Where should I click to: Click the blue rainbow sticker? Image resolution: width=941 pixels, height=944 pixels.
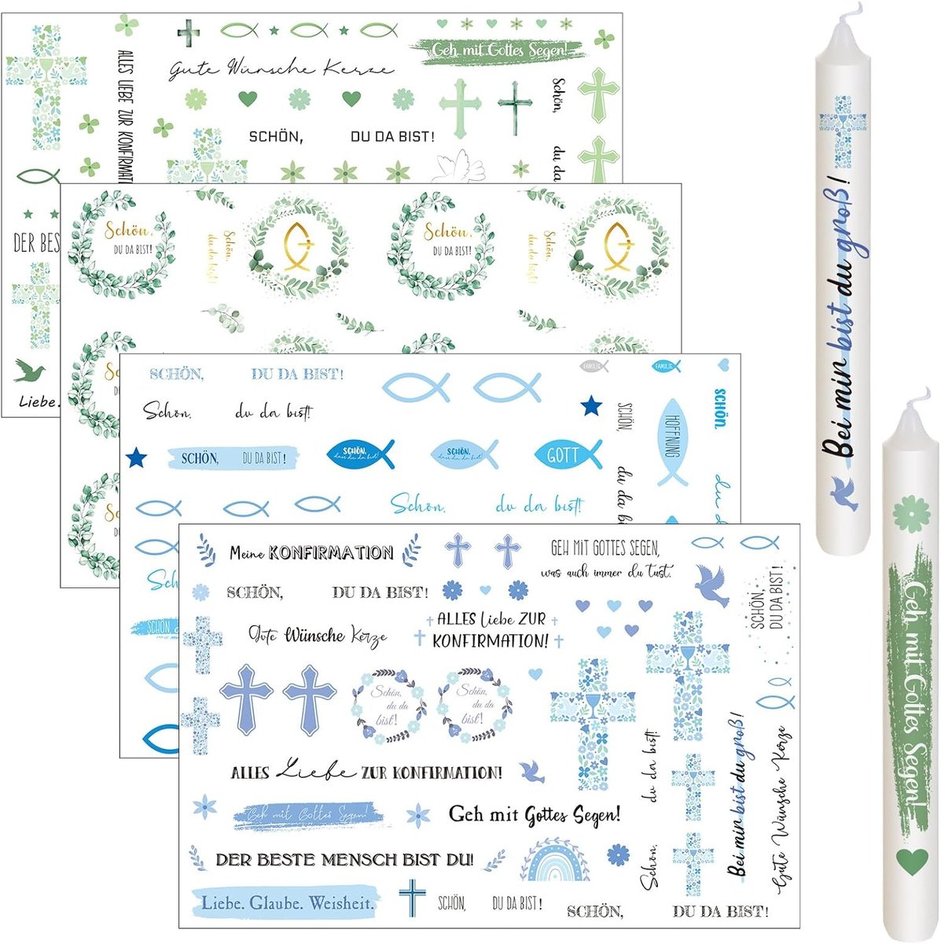[x=554, y=862]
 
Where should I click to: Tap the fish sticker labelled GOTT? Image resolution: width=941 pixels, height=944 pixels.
[x=568, y=455]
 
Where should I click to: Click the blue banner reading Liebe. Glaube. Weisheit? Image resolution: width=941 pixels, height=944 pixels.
[x=287, y=902]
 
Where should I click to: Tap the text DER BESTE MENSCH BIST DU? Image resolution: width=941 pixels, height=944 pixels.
[x=344, y=860]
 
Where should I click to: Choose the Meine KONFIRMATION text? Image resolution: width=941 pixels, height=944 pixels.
[x=311, y=552]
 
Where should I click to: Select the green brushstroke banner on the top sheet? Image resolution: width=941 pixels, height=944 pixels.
[x=498, y=50]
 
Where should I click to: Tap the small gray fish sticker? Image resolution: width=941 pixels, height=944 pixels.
[x=594, y=366]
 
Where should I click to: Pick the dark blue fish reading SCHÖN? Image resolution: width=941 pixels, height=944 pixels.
[x=358, y=454]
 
